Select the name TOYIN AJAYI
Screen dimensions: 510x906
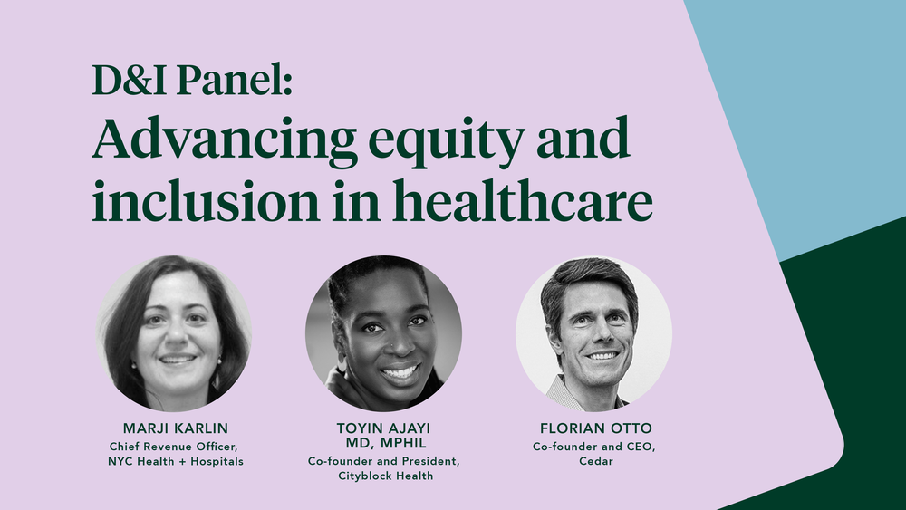[383, 427]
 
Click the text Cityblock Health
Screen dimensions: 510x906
[383, 476]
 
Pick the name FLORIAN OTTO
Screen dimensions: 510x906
[593, 427]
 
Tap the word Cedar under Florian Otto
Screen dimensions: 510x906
[593, 461]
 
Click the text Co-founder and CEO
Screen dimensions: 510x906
[593, 445]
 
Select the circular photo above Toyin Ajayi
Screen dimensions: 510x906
[383, 332]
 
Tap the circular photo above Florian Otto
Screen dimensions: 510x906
[593, 332]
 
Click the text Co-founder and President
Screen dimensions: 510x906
[383, 461]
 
